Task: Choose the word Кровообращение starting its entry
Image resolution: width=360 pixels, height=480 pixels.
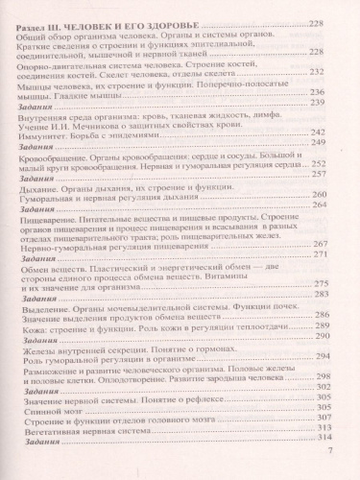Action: (57, 157)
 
